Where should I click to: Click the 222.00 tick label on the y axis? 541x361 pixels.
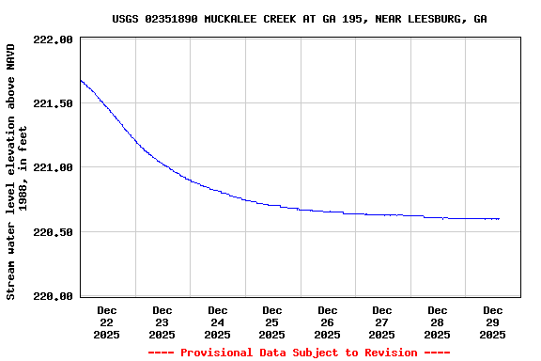[54, 39]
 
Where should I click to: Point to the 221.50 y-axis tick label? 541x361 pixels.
[54, 103]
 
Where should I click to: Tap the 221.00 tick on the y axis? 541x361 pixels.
[54, 167]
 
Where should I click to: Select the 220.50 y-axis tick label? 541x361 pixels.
[54, 232]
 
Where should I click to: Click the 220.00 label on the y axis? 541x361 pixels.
[54, 296]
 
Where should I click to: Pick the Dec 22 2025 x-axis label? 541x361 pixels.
[107, 322]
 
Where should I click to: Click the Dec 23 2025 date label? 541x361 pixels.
[162, 322]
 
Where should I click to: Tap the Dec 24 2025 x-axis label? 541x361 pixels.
[217, 322]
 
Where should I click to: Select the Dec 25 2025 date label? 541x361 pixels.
[272, 322]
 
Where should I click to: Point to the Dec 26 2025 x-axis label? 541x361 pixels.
[327, 322]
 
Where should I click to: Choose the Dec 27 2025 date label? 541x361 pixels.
[382, 322]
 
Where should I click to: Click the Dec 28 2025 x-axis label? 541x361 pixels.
[437, 322]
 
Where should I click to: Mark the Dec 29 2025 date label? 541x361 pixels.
[492, 322]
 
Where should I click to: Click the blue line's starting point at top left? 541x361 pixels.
[81, 79]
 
